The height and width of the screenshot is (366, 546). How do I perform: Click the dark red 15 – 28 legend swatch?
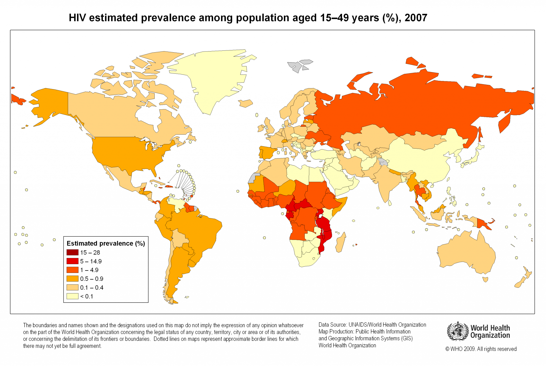[72, 252]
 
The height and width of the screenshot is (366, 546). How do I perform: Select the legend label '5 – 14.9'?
[91, 261]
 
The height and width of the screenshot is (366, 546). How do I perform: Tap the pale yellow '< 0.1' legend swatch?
[72, 296]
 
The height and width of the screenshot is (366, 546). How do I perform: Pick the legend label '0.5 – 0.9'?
[92, 279]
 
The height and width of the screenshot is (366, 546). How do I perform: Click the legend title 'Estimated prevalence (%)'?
[106, 243]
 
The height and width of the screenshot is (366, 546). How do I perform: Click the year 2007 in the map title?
[416, 18]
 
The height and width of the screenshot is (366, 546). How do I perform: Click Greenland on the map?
[211, 77]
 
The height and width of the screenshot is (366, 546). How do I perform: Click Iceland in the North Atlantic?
[246, 103]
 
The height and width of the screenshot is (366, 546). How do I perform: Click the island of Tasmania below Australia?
[485, 279]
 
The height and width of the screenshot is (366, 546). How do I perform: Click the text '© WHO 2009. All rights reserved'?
[481, 349]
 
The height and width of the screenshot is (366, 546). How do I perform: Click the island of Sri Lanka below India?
[390, 203]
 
